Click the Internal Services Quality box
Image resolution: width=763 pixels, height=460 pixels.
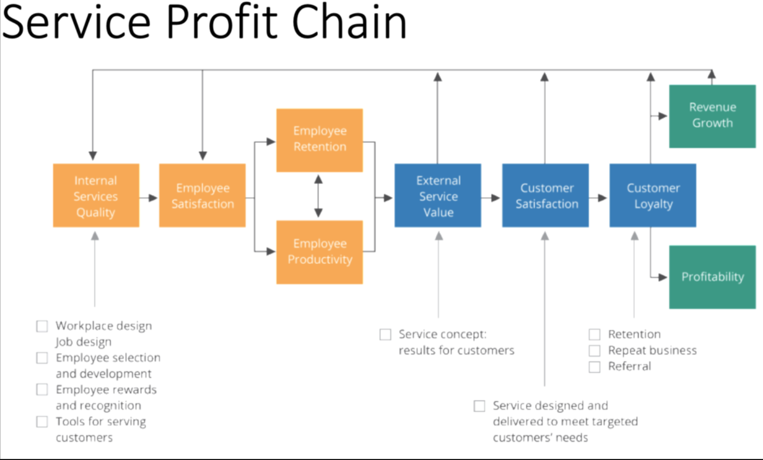click(x=96, y=195)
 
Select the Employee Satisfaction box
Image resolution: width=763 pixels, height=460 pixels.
click(x=202, y=195)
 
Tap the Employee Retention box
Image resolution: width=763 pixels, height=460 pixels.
click(x=319, y=140)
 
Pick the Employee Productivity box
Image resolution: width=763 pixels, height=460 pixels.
click(x=319, y=252)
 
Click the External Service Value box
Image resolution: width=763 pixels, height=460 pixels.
click(x=438, y=195)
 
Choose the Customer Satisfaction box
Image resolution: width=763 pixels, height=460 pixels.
click(x=545, y=195)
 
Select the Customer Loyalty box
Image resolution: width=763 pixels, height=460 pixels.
click(x=652, y=195)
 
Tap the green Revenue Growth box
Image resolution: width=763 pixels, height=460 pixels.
click(x=712, y=116)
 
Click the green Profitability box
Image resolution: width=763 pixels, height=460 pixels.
click(x=712, y=277)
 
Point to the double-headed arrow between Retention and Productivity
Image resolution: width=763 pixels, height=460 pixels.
click(x=318, y=196)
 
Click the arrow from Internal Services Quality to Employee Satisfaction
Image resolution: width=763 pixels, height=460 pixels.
click(x=149, y=198)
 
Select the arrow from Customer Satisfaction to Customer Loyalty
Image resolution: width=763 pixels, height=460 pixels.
click(x=598, y=198)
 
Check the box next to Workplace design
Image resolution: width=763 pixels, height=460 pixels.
click(x=42, y=326)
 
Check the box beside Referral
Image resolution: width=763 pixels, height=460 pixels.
click(x=594, y=367)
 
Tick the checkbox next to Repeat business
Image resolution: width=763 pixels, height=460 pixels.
click(x=594, y=350)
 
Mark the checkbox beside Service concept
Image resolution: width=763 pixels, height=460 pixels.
click(x=385, y=334)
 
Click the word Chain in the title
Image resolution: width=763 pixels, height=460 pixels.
click(x=349, y=22)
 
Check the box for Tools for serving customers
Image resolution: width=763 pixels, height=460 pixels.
click(x=42, y=422)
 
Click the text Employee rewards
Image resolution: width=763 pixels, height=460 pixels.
click(x=106, y=389)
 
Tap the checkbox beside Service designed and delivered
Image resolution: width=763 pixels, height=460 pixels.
click(x=479, y=406)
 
